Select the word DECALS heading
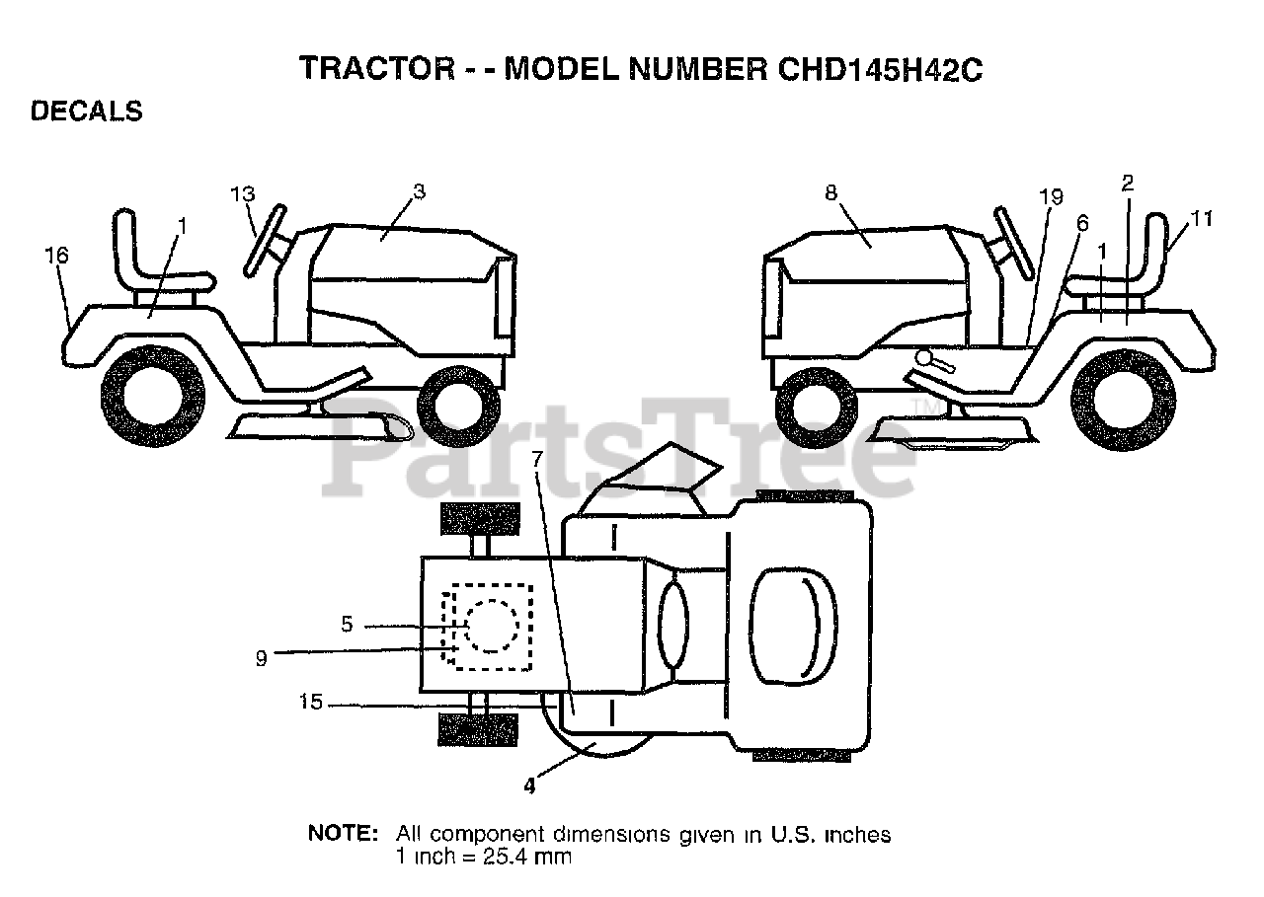pyautogui.click(x=87, y=112)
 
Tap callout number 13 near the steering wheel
pyautogui.click(x=243, y=193)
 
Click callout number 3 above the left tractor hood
pyautogui.click(x=419, y=191)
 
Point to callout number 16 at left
pyautogui.click(x=56, y=256)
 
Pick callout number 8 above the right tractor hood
pyautogui.click(x=830, y=193)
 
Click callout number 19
pyautogui.click(x=1051, y=197)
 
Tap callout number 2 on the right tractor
pyautogui.click(x=1128, y=182)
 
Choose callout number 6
pyautogui.click(x=1082, y=224)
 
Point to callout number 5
pyautogui.click(x=347, y=625)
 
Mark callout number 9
pyautogui.click(x=261, y=659)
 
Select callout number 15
pyautogui.click(x=311, y=703)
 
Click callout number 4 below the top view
pyautogui.click(x=529, y=786)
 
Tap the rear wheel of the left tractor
pyautogui.click(x=153, y=395)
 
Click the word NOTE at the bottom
pyautogui.click(x=343, y=834)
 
